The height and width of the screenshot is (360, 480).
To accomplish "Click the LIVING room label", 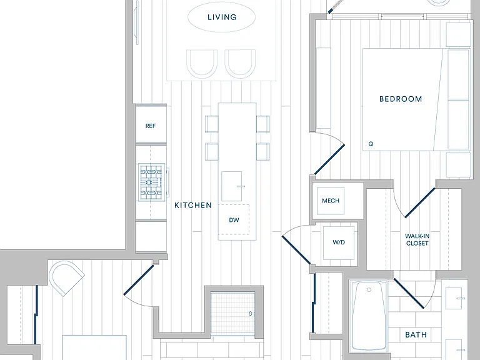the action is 222,17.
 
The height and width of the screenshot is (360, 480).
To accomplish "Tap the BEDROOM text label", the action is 401,99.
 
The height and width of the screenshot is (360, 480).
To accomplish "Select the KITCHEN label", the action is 193,205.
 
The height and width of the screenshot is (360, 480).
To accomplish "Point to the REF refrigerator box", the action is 151,124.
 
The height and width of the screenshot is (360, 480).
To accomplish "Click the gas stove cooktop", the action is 152,182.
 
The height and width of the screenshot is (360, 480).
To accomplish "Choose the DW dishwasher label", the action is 234,220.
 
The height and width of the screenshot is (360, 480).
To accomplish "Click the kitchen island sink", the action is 232,186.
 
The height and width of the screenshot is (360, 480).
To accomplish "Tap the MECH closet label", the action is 331,201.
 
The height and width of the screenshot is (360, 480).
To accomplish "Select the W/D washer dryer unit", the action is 339,242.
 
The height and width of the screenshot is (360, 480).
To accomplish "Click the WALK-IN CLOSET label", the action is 417,240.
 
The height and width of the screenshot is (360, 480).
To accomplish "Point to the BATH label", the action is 416,334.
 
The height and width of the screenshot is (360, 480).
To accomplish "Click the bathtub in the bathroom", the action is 369,316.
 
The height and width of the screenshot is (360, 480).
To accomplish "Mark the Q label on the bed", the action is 371,144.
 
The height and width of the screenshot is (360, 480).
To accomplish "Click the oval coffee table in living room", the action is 221,17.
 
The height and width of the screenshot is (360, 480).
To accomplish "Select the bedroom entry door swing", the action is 330,159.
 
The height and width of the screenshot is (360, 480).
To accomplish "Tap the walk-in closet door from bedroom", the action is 420,202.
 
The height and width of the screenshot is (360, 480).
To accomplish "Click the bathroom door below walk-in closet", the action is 409,293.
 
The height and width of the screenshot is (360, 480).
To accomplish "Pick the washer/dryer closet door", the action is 296,250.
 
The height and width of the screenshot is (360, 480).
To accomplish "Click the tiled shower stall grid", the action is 232,314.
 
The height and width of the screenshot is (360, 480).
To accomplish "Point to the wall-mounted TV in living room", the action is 137,22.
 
